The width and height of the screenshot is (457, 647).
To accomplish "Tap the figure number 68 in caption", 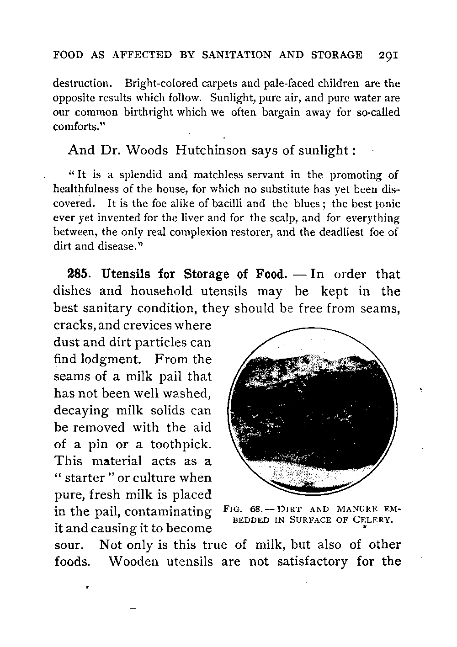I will coord(258,509).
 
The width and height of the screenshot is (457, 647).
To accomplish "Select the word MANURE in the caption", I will coord(356,509).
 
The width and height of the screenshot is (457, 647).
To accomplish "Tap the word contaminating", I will coord(168,512).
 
